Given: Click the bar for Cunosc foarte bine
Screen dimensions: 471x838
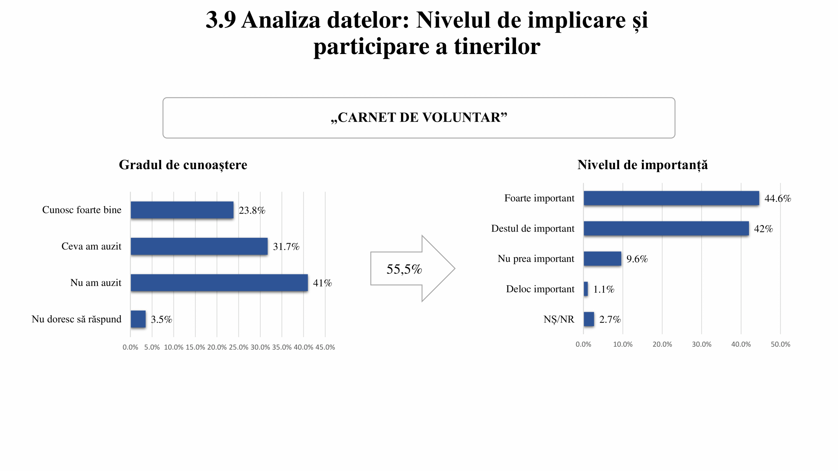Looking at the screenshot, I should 182,210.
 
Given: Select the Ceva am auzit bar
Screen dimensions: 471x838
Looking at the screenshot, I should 199,246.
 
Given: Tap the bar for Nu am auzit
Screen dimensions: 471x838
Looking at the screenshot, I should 219,283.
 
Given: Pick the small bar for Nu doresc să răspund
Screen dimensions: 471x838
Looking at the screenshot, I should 138,319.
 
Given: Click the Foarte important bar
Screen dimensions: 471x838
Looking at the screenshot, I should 671,198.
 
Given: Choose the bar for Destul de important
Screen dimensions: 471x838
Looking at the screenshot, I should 666,228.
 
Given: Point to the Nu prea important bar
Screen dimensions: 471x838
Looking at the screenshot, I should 602,259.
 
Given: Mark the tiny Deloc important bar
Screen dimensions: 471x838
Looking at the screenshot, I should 586,289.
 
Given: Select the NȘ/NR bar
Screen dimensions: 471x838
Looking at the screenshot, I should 589,319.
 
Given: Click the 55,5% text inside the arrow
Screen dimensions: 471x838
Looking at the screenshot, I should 404,269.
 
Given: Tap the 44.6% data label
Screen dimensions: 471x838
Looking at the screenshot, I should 777,198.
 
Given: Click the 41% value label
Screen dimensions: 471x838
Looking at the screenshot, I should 322,283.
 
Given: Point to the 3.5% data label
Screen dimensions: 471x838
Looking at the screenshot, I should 161,319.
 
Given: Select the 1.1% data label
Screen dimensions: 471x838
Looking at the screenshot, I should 604,289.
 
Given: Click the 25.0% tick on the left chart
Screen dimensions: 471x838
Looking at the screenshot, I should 238,347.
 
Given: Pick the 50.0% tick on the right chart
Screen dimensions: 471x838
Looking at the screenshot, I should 780,344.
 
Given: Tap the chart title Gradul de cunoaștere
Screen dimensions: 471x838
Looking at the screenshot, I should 183,165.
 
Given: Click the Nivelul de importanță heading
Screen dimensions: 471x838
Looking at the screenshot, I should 642,165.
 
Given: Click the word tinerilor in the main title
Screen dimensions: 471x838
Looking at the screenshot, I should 497,46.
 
